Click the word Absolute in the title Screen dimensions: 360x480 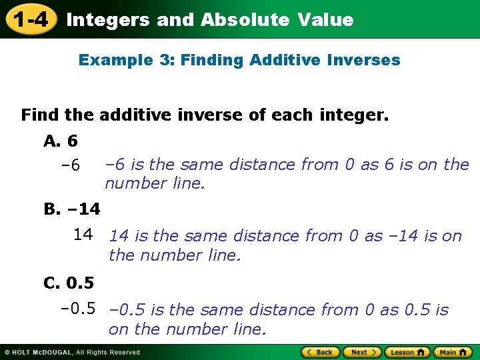click(245, 20)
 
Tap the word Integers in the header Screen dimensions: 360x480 click(108, 20)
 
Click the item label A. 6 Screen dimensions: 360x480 click(61, 141)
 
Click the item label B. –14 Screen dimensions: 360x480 click(72, 209)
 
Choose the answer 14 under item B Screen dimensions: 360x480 click(83, 234)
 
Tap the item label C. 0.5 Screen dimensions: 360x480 click(69, 283)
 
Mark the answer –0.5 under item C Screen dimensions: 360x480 click(78, 309)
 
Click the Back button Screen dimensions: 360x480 click(319, 352)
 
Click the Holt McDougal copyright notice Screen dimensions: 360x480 click(72, 353)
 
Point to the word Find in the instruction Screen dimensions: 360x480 click(41, 115)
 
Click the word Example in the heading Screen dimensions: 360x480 click(113, 60)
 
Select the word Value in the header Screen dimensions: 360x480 click(326, 20)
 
